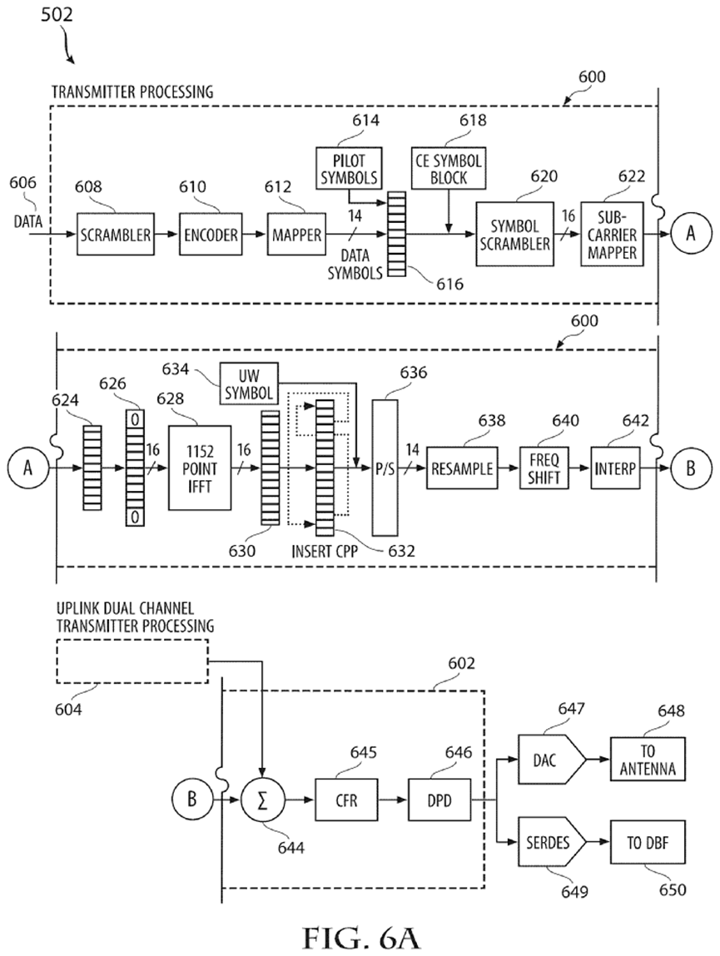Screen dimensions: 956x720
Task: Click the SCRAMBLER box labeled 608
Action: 116,235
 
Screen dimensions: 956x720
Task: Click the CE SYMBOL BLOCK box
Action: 447,169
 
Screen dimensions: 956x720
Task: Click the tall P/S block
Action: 384,468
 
